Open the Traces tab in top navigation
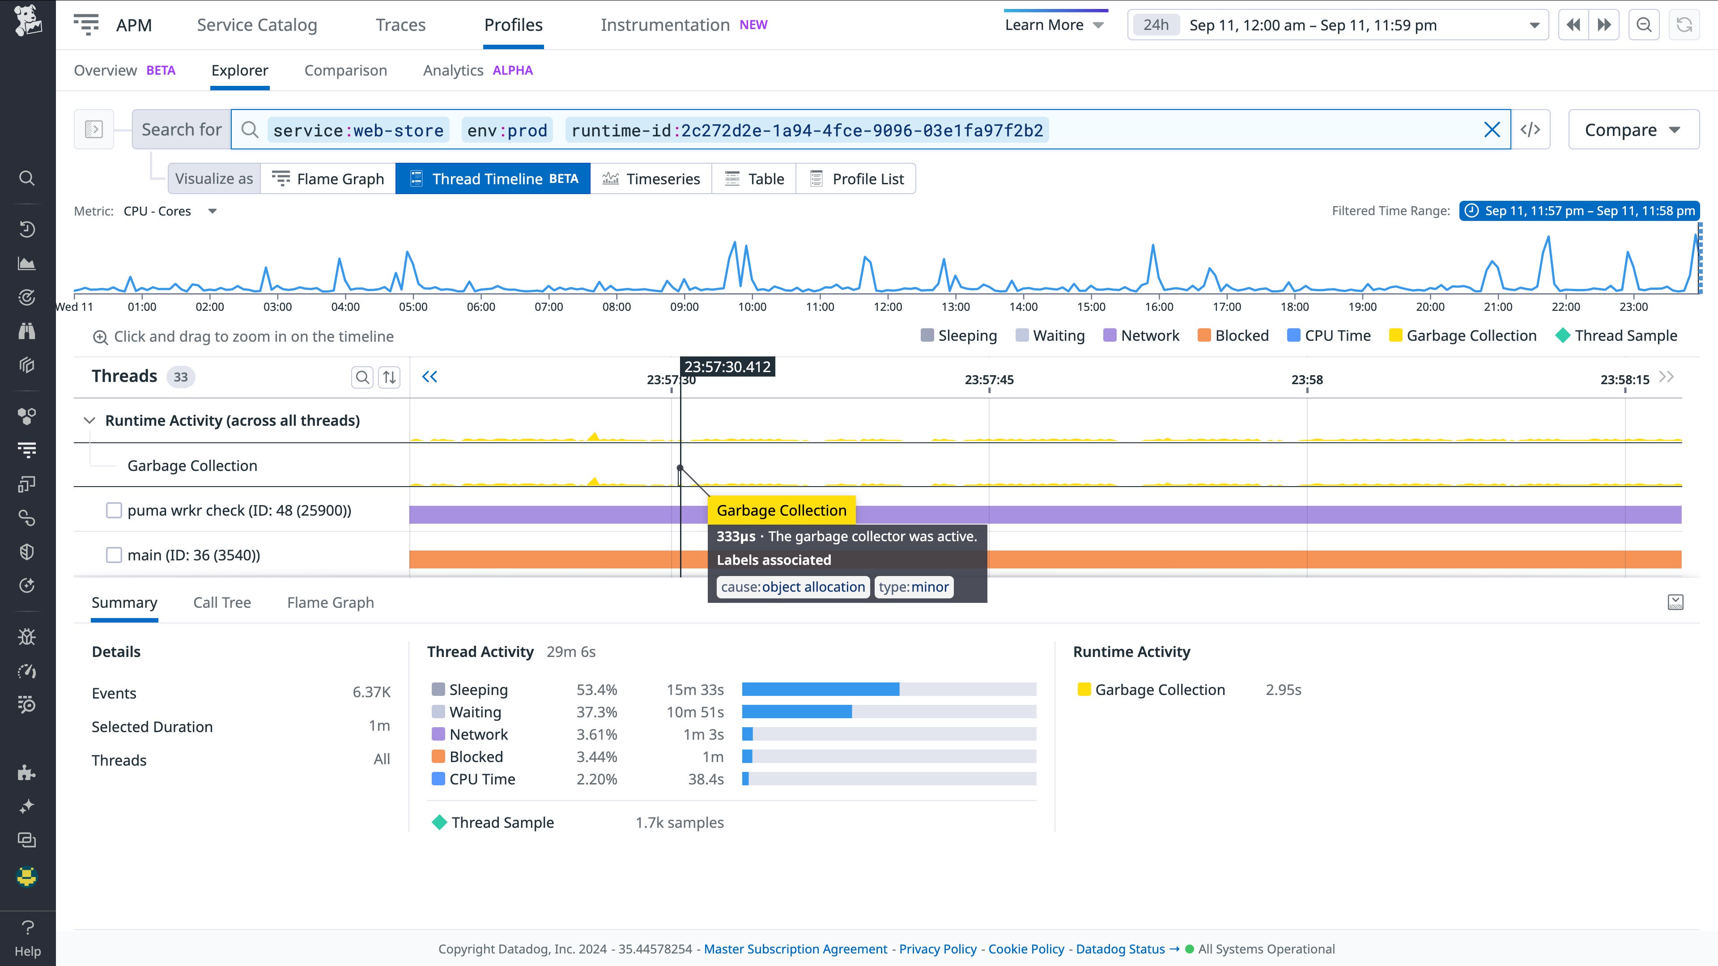coord(400,25)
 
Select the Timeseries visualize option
coord(651,179)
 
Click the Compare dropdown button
coord(1633,130)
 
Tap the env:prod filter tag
coord(507,131)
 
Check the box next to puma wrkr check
coord(114,511)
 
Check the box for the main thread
coord(114,555)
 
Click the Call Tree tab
coord(222,603)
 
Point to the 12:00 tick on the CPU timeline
coord(888,307)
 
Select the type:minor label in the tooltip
coord(913,587)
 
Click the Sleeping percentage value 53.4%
coord(596,690)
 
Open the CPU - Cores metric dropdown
coord(170,212)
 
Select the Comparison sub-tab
coord(345,71)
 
